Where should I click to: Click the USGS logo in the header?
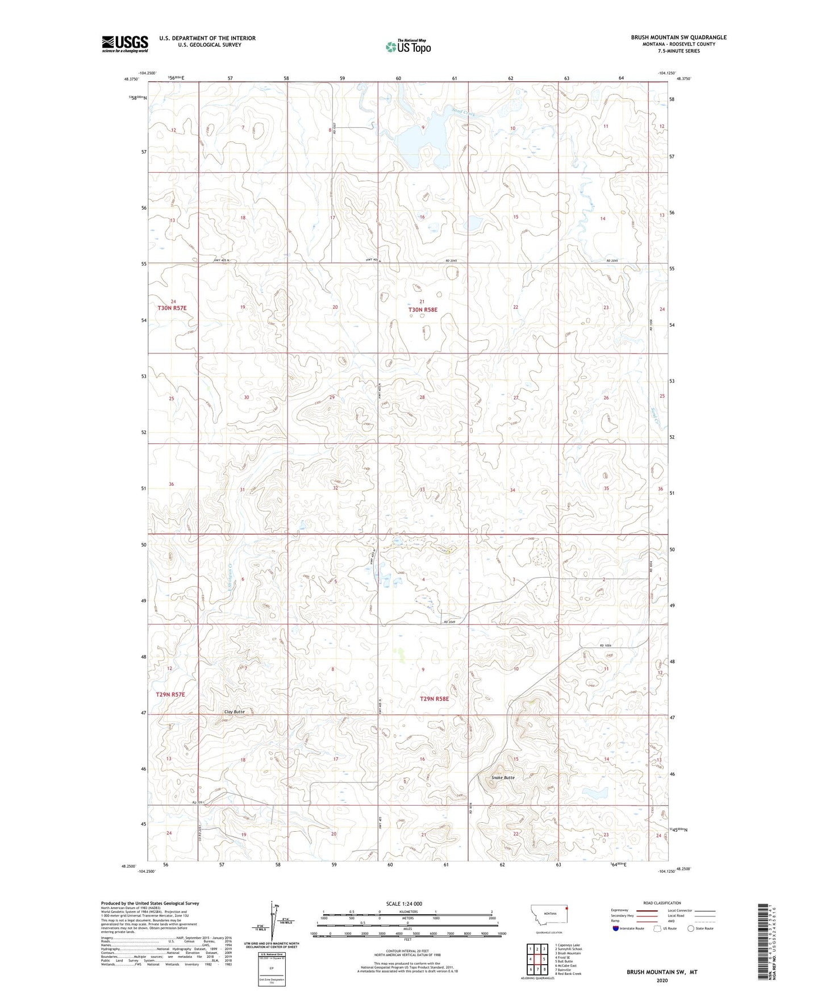coord(125,43)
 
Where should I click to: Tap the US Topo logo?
coord(408,47)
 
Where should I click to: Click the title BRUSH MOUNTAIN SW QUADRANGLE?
coord(678,37)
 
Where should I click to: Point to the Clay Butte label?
coord(234,711)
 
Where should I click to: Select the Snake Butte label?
coord(503,777)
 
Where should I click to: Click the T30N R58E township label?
coord(423,310)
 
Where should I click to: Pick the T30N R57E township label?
coord(172,308)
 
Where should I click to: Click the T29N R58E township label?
coord(434,699)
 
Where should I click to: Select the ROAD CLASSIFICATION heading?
coord(662,903)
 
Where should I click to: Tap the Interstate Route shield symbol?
coord(616,928)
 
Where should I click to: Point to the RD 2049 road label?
coord(448,622)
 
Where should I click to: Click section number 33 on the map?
coord(422,489)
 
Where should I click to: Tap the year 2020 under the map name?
coord(661,980)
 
